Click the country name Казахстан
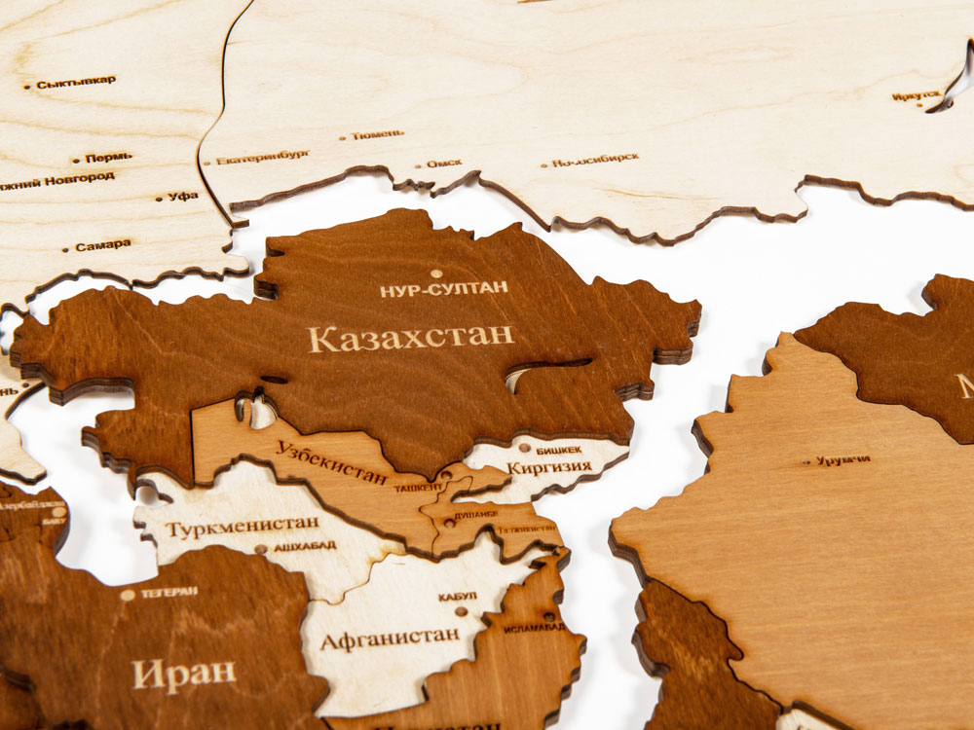click(x=411, y=338)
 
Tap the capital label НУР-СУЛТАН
click(x=444, y=288)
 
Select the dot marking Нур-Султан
click(x=435, y=274)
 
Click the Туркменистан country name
click(x=242, y=527)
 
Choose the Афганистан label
click(x=390, y=639)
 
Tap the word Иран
click(x=184, y=672)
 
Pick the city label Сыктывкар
click(x=76, y=83)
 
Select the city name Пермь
click(x=108, y=157)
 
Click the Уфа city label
click(x=182, y=196)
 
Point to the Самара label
click(x=102, y=245)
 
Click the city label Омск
click(x=443, y=163)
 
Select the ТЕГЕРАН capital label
click(x=169, y=591)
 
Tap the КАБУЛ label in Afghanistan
click(x=457, y=596)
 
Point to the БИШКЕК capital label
click(x=558, y=449)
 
